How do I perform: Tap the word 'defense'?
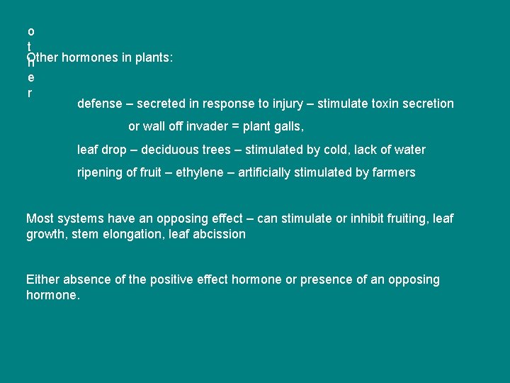coord(100,104)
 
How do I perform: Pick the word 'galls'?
coord(288,127)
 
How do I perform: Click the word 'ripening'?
coord(100,172)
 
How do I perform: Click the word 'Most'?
coord(40,218)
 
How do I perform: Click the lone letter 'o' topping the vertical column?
coord(30,31)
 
